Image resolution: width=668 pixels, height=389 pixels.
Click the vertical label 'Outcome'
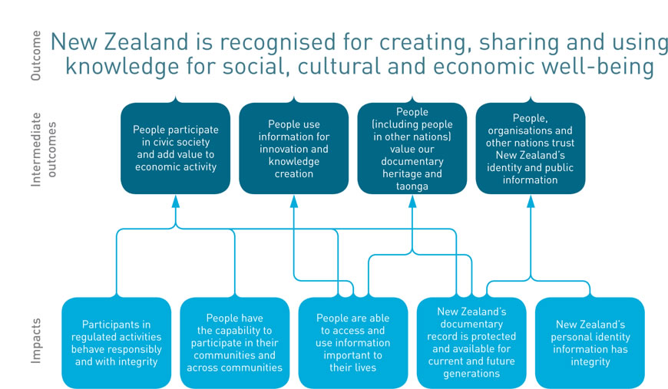(x=36, y=55)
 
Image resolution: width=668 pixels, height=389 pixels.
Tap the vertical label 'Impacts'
(x=36, y=341)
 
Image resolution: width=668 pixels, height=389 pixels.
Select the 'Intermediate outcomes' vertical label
(x=43, y=150)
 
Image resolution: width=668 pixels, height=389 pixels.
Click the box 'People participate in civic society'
(x=176, y=148)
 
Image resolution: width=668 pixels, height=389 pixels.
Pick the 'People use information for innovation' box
(x=294, y=148)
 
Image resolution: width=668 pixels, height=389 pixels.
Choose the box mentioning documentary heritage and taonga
(x=412, y=148)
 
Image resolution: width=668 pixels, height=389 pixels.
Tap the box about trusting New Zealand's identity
(x=531, y=148)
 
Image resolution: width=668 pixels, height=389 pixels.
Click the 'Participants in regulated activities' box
(x=116, y=343)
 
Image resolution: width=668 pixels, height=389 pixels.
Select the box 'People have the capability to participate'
(x=235, y=343)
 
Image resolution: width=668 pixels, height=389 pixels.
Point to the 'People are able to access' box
(x=353, y=343)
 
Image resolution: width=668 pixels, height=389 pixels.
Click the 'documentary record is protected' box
(x=471, y=343)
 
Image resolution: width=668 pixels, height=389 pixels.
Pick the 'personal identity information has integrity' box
(x=590, y=343)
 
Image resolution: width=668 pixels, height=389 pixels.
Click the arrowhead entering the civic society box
(x=176, y=201)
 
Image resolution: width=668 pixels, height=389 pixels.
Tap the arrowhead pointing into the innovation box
(x=294, y=201)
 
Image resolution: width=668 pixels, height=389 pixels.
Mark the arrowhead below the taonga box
(x=412, y=201)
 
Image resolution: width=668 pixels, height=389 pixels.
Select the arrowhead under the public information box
(x=531, y=201)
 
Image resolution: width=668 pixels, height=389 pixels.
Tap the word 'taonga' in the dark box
(x=412, y=186)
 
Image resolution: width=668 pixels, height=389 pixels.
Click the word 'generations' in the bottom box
(x=471, y=374)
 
